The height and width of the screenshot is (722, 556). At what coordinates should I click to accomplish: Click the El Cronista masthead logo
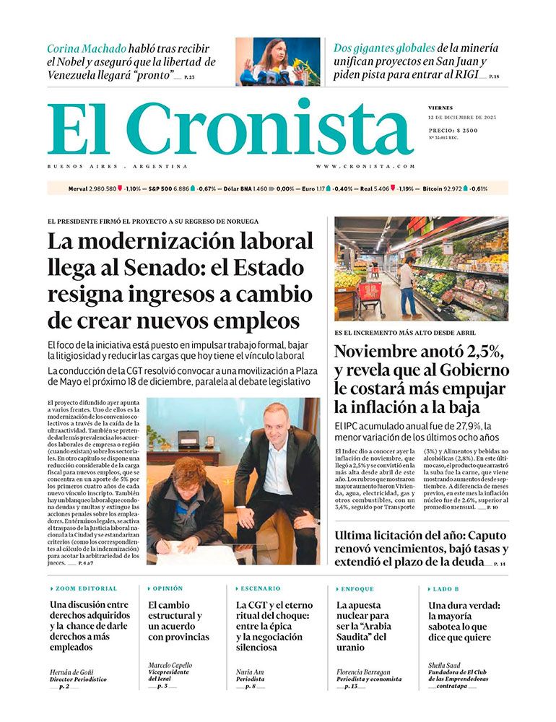click(230, 127)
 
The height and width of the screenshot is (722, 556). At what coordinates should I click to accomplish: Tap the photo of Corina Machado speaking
click(278, 61)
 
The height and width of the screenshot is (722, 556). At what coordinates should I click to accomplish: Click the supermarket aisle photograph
click(421, 269)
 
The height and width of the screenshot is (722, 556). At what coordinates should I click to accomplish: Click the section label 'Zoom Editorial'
click(86, 588)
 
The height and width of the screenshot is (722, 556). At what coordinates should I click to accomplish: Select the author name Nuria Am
click(250, 672)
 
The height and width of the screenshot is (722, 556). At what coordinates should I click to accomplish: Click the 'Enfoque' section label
click(357, 588)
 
